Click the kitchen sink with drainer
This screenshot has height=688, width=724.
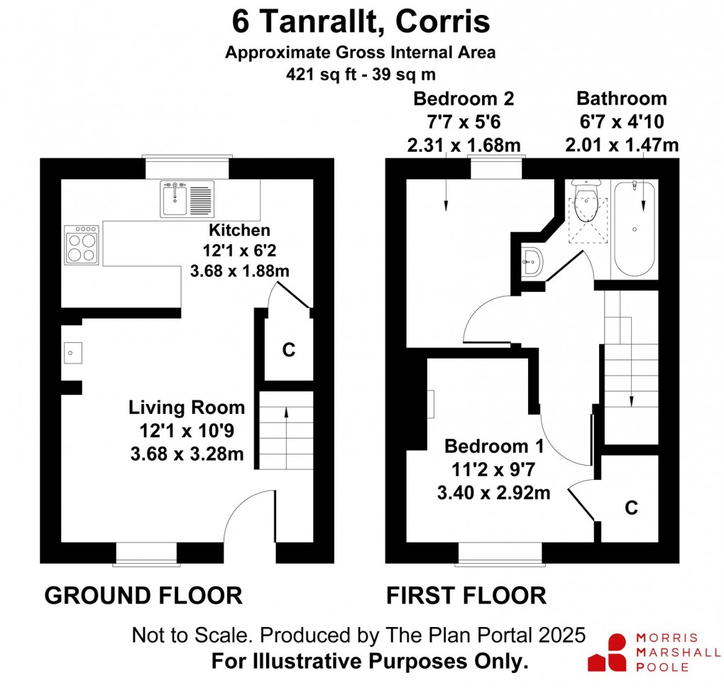187,199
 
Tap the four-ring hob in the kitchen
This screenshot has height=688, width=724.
82,245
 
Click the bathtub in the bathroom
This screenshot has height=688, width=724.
635,229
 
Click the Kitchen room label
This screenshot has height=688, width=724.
239,230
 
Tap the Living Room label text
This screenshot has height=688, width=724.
187,408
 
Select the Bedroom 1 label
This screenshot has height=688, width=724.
494,447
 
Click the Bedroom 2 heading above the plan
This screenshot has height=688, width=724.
464,99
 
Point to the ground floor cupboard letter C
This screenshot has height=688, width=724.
289,350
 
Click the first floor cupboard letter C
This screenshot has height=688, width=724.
631,508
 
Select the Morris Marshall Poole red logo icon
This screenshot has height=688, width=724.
607,652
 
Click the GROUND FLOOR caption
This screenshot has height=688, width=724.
143,596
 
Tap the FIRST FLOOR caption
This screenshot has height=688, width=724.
466,596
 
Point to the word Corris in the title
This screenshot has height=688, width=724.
443,22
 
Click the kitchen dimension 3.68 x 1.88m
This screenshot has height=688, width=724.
240,271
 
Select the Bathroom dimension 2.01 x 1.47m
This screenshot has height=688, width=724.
622,145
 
